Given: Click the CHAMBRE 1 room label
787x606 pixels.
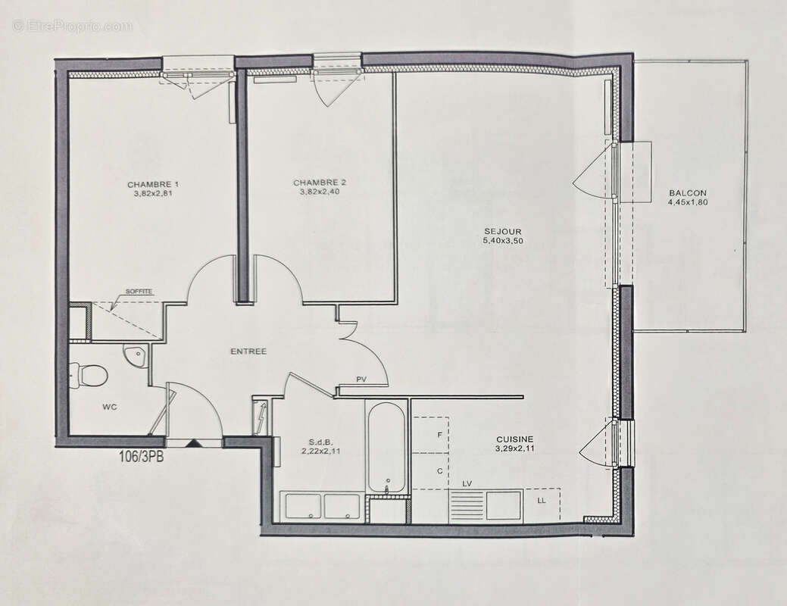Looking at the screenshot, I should pos(153,185).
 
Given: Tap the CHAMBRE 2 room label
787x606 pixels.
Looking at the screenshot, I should pos(320,183).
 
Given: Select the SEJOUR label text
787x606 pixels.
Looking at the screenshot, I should pos(503,232).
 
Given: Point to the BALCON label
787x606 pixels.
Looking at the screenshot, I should pos(687,193).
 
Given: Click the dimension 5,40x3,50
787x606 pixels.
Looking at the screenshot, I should pos(503,241).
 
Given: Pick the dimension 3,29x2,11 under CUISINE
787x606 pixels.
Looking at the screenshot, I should pos(514,448).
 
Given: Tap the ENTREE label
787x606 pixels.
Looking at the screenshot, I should pos(248,351).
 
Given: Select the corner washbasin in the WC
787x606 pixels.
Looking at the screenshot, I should pos(136,355).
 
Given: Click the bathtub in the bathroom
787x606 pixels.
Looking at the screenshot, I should pos(386,447).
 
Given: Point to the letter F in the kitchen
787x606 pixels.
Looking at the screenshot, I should pos(439,436).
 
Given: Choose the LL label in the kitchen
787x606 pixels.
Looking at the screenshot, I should pos(541,501).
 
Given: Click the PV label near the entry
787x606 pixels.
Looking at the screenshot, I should pos(362,380).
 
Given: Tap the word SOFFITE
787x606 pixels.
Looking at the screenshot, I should pos(139,291).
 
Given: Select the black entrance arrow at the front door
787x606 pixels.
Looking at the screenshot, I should pos(194,443).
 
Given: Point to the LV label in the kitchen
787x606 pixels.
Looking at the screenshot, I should pos(467,483).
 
